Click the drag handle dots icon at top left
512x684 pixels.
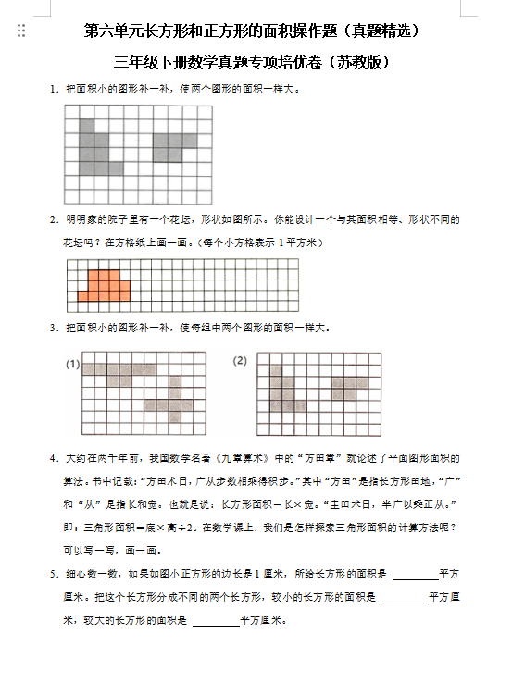21,31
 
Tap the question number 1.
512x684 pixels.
54,90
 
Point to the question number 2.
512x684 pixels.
54,220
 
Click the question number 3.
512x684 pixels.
54,329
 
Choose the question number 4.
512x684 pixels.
54,458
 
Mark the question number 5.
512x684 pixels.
54,575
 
